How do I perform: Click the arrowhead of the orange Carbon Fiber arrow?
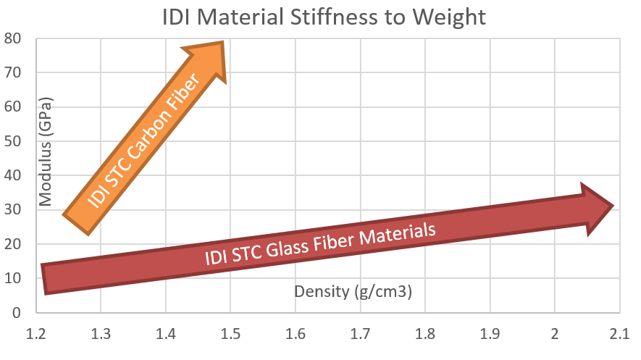[x=210, y=62]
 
